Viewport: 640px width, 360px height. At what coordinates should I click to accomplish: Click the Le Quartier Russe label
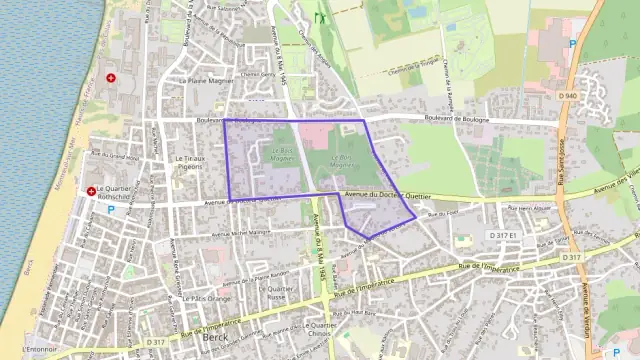pos(275,293)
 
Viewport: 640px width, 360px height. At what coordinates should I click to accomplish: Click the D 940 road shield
pos(569,96)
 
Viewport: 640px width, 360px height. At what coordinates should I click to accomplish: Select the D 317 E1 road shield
pos(502,234)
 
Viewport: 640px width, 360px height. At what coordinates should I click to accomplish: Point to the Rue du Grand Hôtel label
pos(114,157)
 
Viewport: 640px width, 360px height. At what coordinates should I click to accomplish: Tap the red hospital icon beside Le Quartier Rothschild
pos(92,190)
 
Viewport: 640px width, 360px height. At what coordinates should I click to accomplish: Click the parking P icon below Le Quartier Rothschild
pos(110,209)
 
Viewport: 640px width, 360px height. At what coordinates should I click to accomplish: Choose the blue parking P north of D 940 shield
pos(572,43)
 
